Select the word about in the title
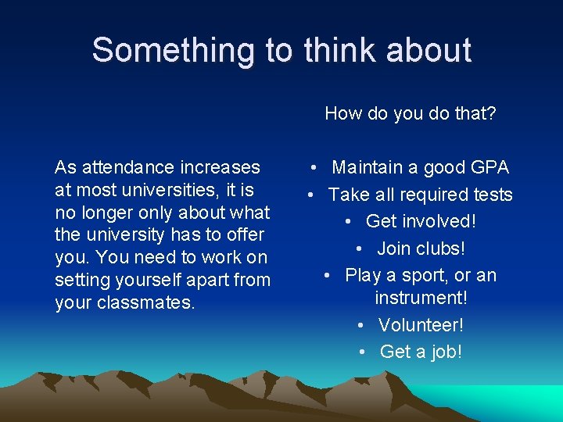point(429,50)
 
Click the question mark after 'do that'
point(491,114)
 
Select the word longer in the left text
point(110,213)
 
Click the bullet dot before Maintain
point(313,168)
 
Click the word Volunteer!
point(421,324)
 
